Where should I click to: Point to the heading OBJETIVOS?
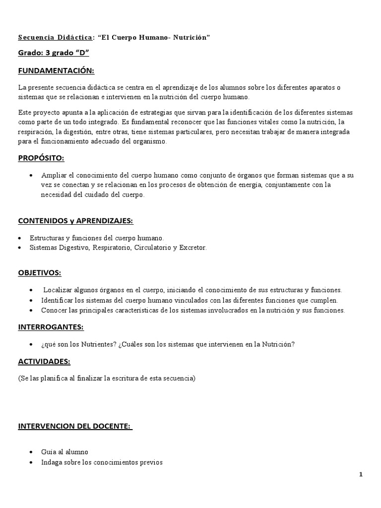click(40, 273)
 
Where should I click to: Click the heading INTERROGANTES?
click(51, 327)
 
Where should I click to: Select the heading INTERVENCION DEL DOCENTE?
click(75, 426)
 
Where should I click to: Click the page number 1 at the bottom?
click(361, 475)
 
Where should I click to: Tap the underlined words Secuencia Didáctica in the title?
click(55, 38)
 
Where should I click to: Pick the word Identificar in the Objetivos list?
click(59, 300)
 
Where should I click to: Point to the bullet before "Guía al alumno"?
click(31, 452)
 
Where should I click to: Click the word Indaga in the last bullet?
click(52, 462)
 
